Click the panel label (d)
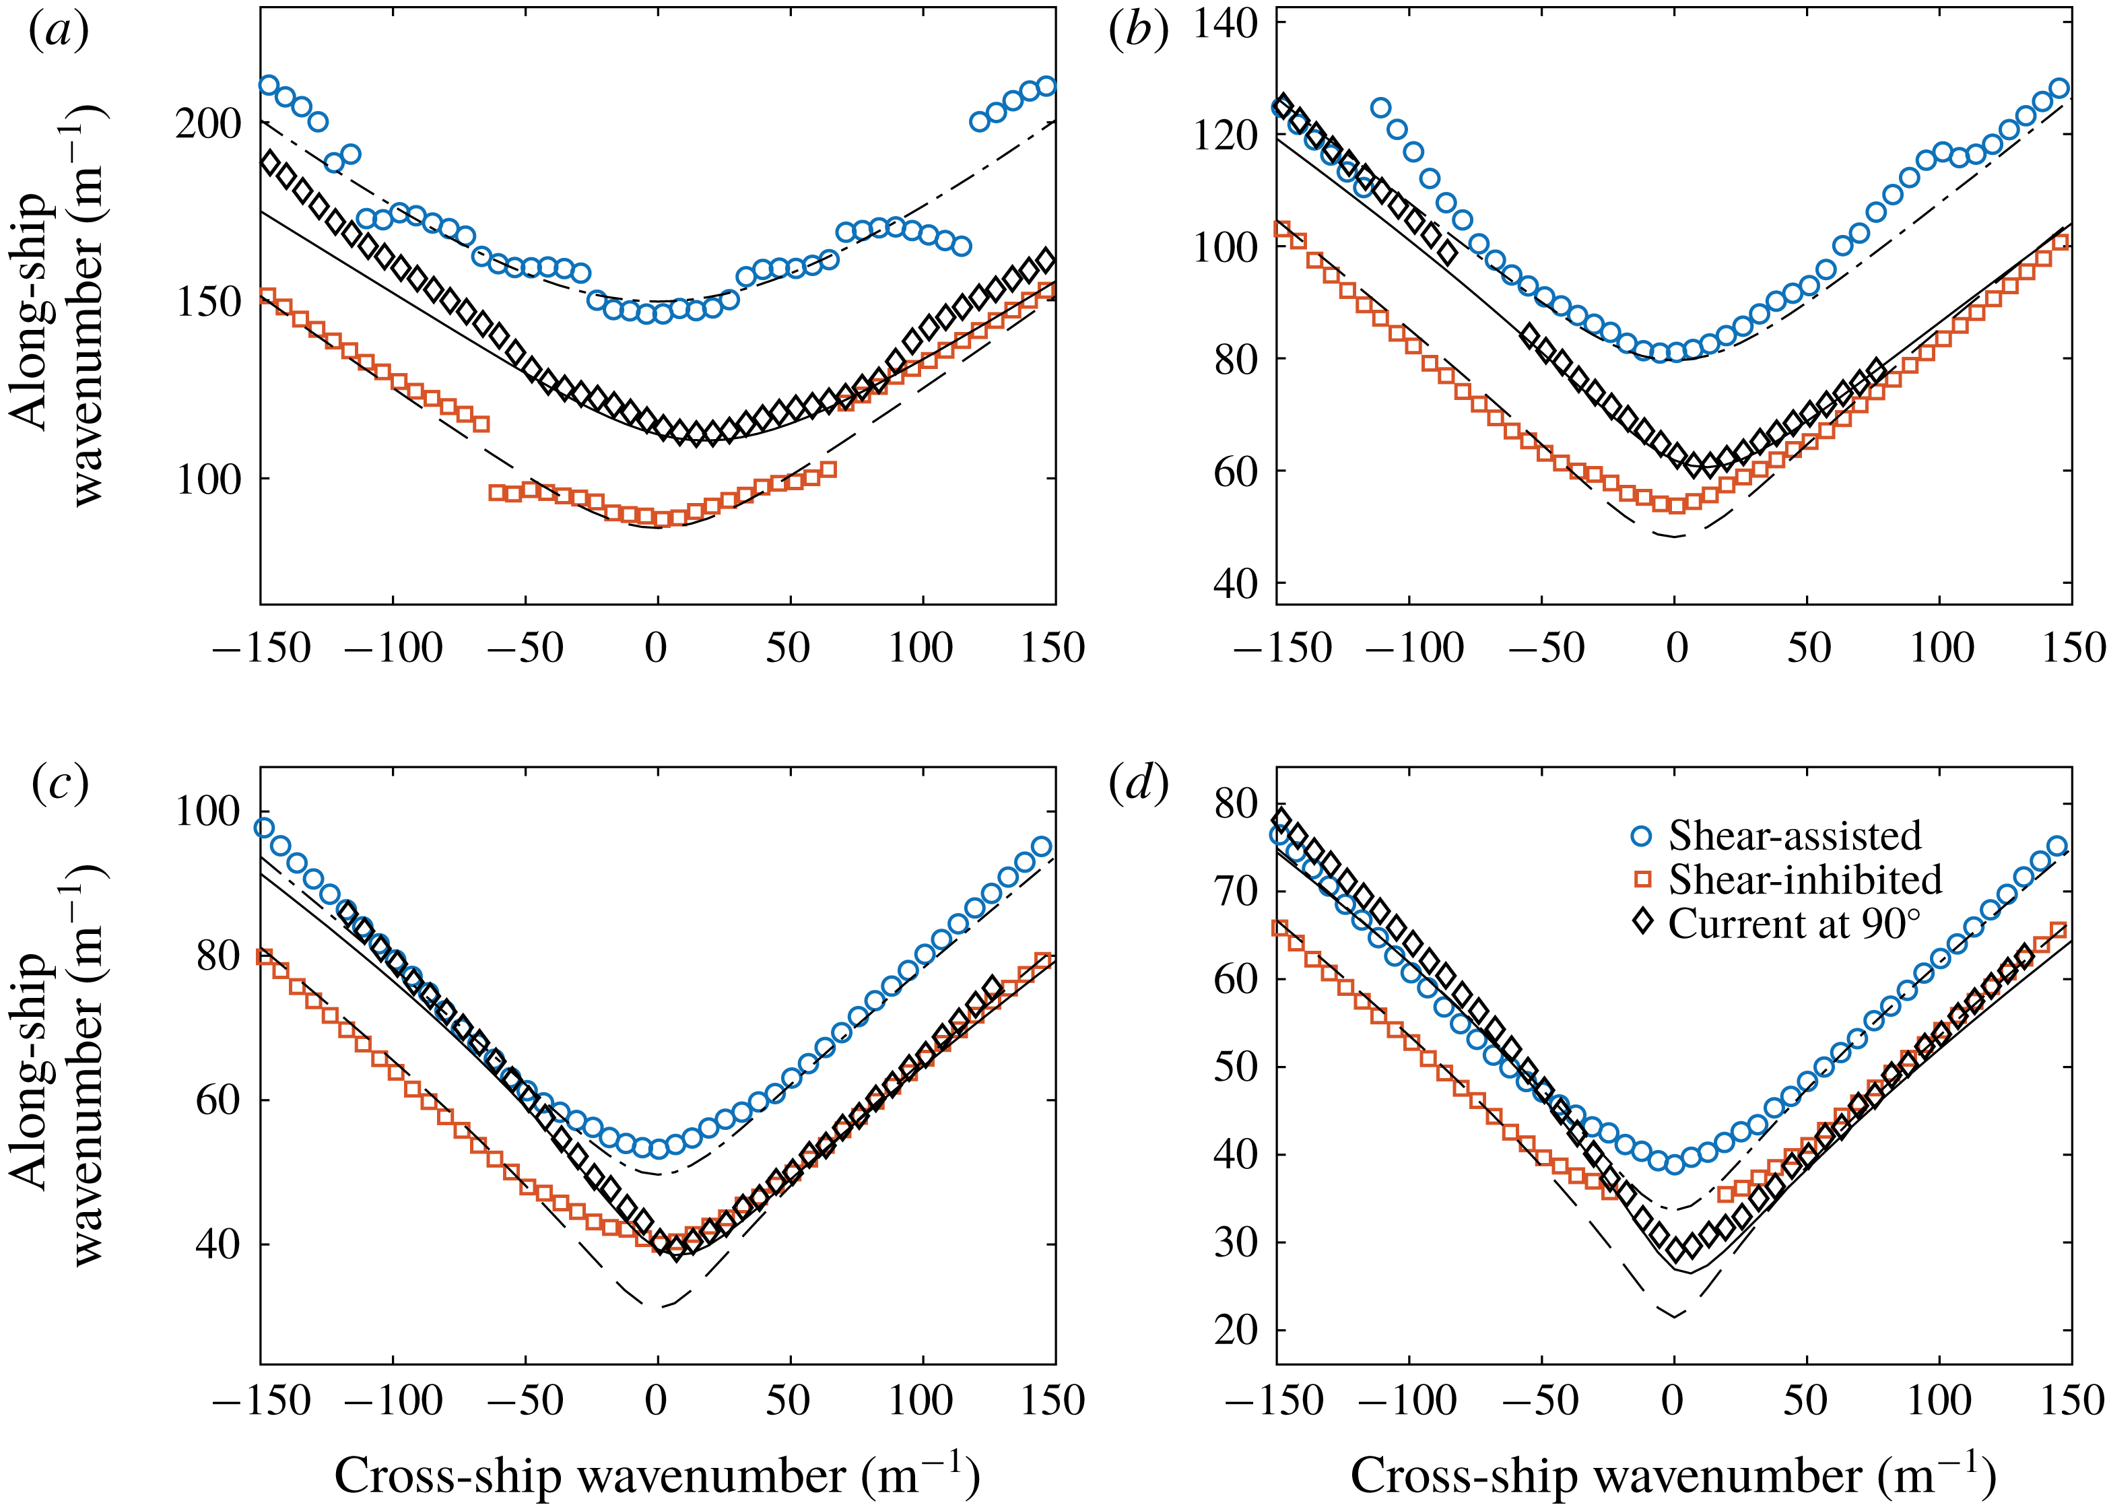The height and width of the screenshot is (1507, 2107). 1137,785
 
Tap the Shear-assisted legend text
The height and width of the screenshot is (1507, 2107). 1795,836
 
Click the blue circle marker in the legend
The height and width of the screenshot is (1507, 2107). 1641,836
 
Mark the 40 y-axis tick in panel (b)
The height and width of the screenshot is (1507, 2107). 1236,584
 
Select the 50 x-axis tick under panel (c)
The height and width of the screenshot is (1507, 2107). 788,1399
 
